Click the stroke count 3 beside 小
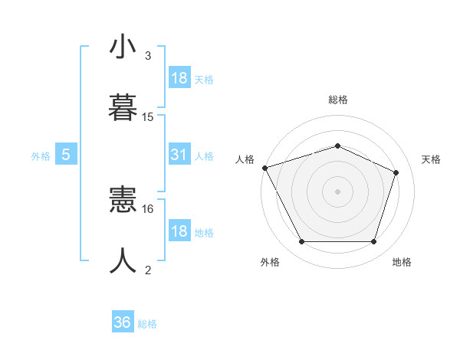[148, 56]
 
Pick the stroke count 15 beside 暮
[148, 117]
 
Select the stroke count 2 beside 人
[148, 270]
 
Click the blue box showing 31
[179, 155]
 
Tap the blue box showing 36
[123, 322]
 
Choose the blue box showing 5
[66, 155]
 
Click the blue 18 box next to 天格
[179, 78]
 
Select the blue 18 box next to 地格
[179, 231]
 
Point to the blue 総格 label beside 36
[147, 324]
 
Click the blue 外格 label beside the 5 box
[41, 156]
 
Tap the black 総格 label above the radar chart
[337, 100]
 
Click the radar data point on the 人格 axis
[264, 168]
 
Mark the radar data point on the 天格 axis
[396, 172]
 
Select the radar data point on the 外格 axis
[301, 242]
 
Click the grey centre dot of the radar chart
[337, 191]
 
